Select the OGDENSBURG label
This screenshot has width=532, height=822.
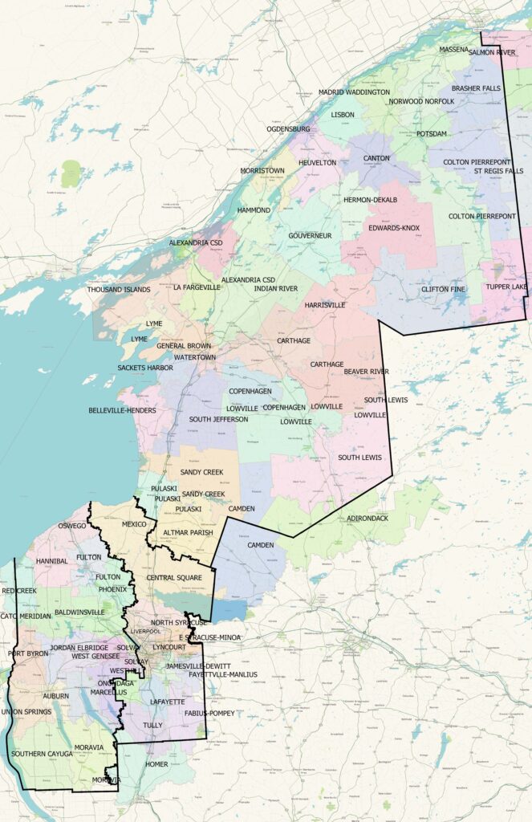click(x=288, y=128)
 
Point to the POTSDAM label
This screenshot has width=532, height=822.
click(x=432, y=134)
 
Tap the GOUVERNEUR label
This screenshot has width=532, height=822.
click(x=311, y=235)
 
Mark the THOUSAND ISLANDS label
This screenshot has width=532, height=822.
click(x=119, y=289)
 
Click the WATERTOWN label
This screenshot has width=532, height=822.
click(x=195, y=356)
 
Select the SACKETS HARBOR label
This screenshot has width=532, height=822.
click(x=145, y=368)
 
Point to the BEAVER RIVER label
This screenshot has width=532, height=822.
click(x=366, y=372)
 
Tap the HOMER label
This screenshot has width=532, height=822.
click(x=156, y=764)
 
